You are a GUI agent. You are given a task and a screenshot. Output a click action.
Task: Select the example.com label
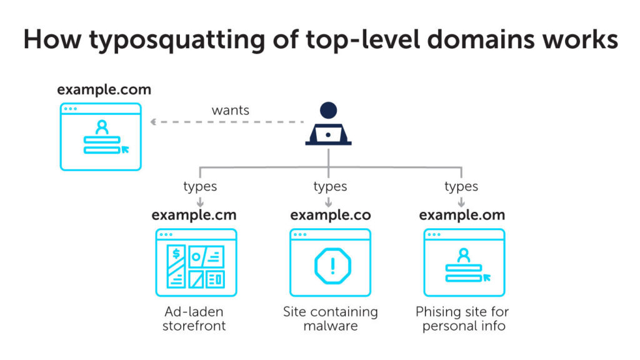pyautogui.click(x=104, y=89)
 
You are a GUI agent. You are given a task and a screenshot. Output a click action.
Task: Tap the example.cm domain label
pyautogui.click(x=194, y=215)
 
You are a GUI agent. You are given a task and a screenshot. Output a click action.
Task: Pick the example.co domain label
pyautogui.click(x=330, y=215)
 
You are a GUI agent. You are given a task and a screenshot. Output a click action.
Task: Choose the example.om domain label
pyautogui.click(x=462, y=215)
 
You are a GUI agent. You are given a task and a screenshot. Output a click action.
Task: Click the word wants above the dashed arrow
pyautogui.click(x=230, y=111)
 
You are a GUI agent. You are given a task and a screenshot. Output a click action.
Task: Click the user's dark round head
pyautogui.click(x=328, y=111)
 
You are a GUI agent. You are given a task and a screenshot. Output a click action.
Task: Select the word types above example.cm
pyautogui.click(x=200, y=186)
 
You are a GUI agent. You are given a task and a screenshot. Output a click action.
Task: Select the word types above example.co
pyautogui.click(x=330, y=186)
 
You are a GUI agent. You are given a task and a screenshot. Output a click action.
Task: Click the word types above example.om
pyautogui.click(x=461, y=186)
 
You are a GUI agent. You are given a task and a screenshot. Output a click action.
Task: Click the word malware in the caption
pyautogui.click(x=330, y=326)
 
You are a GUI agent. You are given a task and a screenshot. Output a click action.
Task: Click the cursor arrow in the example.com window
pyautogui.click(x=126, y=149)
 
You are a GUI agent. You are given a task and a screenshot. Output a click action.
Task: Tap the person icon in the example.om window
pyautogui.click(x=463, y=255)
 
